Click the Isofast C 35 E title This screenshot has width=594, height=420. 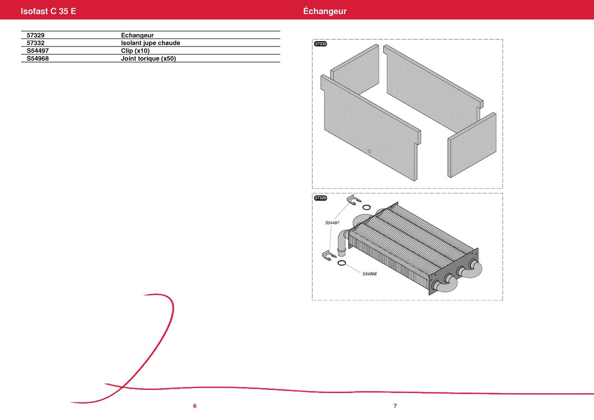point(48,11)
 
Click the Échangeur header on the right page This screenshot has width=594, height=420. point(325,11)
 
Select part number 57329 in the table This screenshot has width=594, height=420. point(35,35)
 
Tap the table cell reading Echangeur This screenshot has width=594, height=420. point(137,35)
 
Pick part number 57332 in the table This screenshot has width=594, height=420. point(35,43)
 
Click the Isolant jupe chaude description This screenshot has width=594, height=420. point(151,43)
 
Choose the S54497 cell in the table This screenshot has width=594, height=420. point(37,51)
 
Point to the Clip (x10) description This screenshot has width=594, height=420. point(135,51)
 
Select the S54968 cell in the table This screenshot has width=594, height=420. point(37,58)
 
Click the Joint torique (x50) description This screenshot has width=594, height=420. point(148,58)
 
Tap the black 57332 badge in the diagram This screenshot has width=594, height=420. point(320,44)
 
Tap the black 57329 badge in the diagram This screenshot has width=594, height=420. point(320,198)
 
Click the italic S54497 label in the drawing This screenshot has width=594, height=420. point(332,223)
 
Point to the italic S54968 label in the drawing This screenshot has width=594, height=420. point(369,274)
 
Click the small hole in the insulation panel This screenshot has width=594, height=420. point(369,151)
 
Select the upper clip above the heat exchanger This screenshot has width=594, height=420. point(354,199)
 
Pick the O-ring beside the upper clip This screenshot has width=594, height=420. point(367,207)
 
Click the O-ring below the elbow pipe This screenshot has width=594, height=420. point(342,263)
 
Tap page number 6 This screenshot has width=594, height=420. point(195,406)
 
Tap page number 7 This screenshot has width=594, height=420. point(395,406)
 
